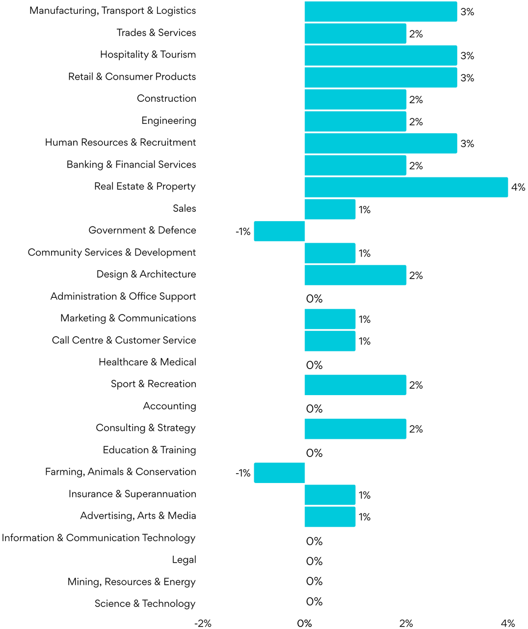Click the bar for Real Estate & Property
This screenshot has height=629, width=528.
(x=406, y=187)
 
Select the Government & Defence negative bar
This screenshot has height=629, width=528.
(x=279, y=231)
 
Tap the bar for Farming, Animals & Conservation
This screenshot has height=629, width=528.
(x=279, y=473)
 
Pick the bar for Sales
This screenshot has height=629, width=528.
(x=330, y=209)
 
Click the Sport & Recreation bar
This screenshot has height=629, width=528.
(x=355, y=385)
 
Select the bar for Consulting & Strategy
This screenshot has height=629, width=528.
(x=355, y=429)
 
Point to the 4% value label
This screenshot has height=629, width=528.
(x=518, y=187)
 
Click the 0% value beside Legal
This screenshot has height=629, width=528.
(x=314, y=561)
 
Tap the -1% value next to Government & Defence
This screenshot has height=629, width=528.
(x=243, y=231)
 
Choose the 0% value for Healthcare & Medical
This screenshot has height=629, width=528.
(x=314, y=365)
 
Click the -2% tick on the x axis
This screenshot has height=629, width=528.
(x=203, y=624)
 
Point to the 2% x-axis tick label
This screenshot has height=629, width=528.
(x=406, y=624)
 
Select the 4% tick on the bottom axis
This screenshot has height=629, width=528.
(x=508, y=624)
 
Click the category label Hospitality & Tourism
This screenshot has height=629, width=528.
(x=148, y=55)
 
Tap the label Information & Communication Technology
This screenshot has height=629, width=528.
(x=99, y=538)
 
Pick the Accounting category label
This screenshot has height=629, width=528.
(x=169, y=406)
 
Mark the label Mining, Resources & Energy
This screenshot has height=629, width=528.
(x=132, y=582)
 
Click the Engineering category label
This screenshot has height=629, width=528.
(x=168, y=121)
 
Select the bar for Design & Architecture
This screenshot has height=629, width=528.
(x=355, y=275)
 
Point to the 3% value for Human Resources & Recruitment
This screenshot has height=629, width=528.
(x=467, y=144)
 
